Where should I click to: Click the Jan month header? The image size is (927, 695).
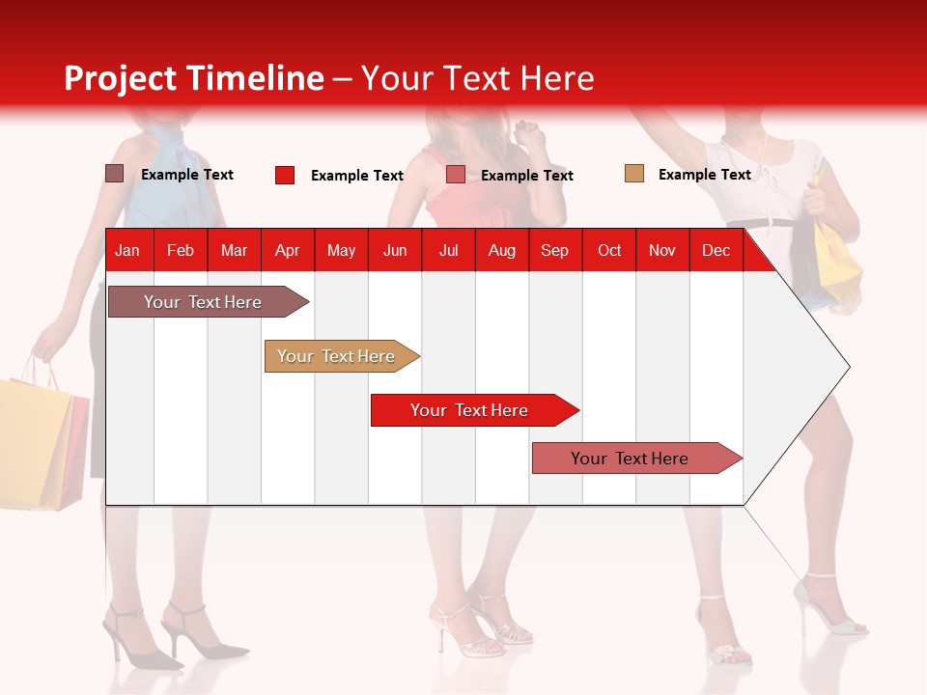tap(127, 251)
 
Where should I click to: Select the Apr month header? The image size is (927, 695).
tap(287, 251)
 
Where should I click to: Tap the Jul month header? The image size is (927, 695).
tap(448, 251)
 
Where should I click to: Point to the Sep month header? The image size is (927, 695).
tap(554, 251)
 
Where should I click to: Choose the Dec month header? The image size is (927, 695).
tap(716, 251)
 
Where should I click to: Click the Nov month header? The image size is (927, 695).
tap(661, 251)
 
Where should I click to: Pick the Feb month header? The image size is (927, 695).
tap(181, 251)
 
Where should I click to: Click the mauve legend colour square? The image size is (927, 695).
tap(114, 174)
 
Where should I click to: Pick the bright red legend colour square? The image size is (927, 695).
tap(284, 175)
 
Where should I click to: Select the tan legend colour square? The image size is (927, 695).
tap(633, 174)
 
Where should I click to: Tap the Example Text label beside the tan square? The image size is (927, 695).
tap(704, 175)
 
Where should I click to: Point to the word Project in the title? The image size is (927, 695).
tap(121, 78)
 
